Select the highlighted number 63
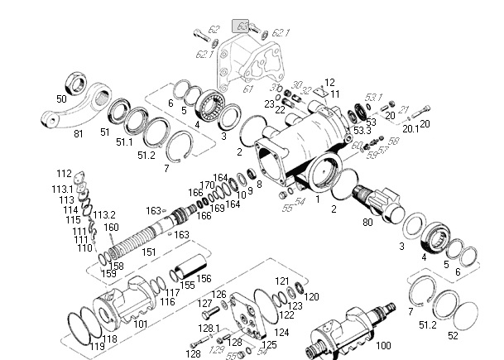242,26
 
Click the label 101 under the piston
141,324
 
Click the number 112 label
65,174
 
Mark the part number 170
206,185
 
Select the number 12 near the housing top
329,83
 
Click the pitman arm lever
93,108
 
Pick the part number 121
283,281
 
